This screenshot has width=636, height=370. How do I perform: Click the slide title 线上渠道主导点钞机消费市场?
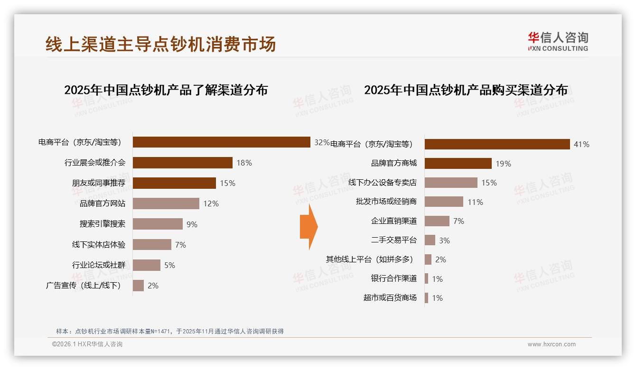tap(160, 45)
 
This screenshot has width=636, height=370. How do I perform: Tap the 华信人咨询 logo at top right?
tap(558, 42)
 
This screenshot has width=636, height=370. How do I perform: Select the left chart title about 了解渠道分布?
tap(166, 90)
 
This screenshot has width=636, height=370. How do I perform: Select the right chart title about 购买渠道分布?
tap(466, 90)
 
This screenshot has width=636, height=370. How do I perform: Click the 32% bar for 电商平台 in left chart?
tap(221, 142)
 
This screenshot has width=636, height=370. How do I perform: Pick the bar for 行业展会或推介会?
tap(182, 163)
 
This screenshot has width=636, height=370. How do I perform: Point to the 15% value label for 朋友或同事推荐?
tap(227, 183)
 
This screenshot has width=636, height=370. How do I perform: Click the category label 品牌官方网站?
tap(103, 203)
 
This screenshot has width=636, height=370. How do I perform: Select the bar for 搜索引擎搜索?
tap(158, 224)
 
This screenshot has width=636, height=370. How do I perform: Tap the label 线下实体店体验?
tap(99, 245)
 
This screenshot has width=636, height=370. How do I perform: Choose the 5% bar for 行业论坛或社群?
tap(147, 265)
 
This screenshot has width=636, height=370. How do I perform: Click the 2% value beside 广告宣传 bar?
tap(153, 286)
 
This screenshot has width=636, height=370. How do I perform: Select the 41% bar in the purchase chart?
tap(497, 144)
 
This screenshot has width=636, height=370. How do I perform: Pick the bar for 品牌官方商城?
tap(458, 164)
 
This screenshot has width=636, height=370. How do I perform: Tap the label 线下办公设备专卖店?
tap(383, 183)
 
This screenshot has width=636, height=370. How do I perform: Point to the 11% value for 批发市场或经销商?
tap(475, 202)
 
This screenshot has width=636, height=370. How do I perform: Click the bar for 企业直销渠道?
tap(437, 221)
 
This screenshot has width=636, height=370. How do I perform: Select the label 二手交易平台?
tap(394, 240)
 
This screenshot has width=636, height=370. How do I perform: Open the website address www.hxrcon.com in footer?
tap(552, 344)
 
